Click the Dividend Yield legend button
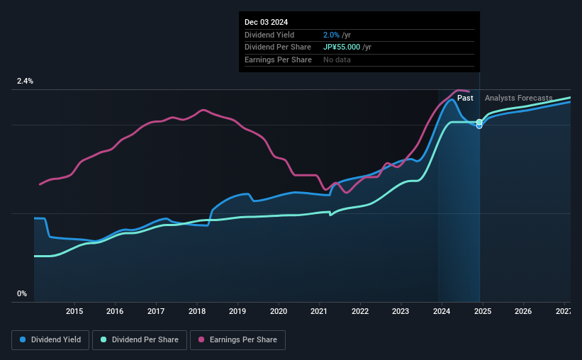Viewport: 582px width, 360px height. tap(50, 339)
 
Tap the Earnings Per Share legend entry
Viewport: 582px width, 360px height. tap(237, 339)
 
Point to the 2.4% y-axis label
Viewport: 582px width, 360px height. tap(25, 81)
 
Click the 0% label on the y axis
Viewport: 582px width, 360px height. tap(22, 293)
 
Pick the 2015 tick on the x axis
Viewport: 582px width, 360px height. tap(74, 311)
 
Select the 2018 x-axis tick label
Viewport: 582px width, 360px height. tap(197, 311)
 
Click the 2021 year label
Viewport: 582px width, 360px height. tap(319, 311)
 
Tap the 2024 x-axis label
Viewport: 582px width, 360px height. tap(442, 311)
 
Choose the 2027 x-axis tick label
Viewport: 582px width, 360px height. tap(564, 311)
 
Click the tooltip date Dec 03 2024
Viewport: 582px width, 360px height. tap(267, 23)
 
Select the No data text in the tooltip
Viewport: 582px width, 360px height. tap(337, 60)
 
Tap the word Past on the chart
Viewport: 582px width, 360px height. tap(465, 99)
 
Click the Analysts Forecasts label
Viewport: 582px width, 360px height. tap(518, 99)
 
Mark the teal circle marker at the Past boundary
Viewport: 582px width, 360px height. tap(479, 122)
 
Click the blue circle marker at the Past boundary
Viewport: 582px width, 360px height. tap(479, 126)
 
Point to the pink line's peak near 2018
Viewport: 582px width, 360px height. tap(203, 110)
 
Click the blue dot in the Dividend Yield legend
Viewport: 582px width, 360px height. tap(23, 340)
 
